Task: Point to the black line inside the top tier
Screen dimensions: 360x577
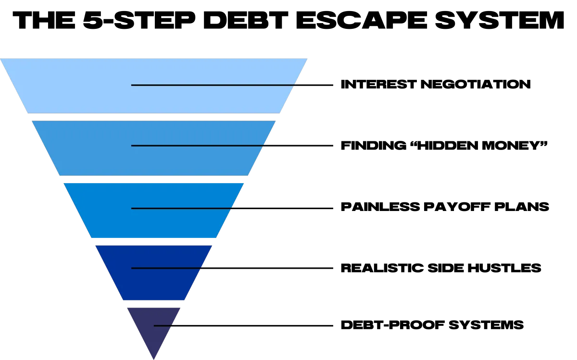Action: pyautogui.click(x=212, y=85)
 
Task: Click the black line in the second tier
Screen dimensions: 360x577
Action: pyautogui.click(x=197, y=145)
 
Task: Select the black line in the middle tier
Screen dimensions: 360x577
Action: pyautogui.click(x=181, y=208)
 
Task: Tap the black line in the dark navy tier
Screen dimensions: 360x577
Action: pyautogui.click(x=166, y=268)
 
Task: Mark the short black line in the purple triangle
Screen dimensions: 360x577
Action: pyautogui.click(x=163, y=326)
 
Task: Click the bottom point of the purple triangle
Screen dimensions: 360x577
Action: pyautogui.click(x=153, y=358)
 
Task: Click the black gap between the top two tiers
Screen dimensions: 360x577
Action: pyautogui.click(x=154, y=117)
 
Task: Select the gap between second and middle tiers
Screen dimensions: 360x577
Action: pyautogui.click(x=154, y=179)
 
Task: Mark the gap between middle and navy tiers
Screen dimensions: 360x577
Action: pyautogui.click(x=154, y=241)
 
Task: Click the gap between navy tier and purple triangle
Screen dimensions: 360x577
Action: pyautogui.click(x=154, y=305)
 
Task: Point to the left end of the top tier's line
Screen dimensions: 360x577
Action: pyautogui.click(x=132, y=85)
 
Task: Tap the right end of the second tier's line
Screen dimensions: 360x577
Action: pyautogui.click(x=263, y=145)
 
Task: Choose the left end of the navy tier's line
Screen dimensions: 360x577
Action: pyautogui.click(x=132, y=268)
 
